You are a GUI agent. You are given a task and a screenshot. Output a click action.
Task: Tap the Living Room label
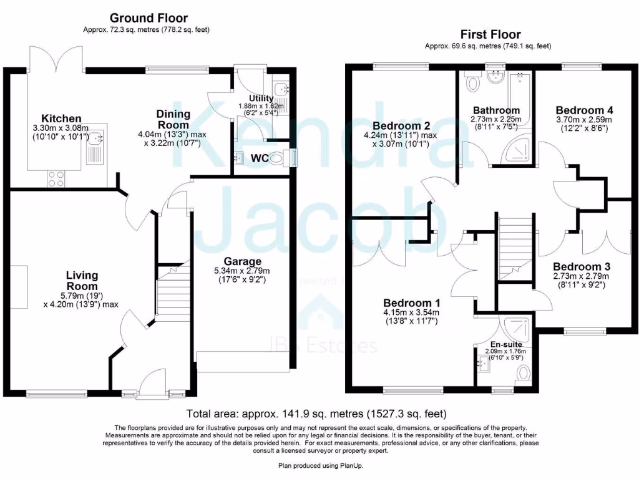click(x=82, y=281)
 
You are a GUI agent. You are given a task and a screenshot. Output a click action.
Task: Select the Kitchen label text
click(x=61, y=119)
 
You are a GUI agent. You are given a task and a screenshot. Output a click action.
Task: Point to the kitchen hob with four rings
click(x=56, y=178)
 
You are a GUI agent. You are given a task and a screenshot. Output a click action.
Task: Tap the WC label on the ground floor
click(x=260, y=158)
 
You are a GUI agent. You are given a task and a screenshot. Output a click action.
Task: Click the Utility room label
click(x=261, y=99)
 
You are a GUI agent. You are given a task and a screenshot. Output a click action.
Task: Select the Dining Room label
click(x=173, y=119)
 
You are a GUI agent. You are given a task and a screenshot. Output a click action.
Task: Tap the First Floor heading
click(x=490, y=34)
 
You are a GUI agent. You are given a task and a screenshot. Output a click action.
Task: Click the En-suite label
click(x=505, y=344)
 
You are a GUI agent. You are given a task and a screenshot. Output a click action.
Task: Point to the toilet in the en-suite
click(x=523, y=373)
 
